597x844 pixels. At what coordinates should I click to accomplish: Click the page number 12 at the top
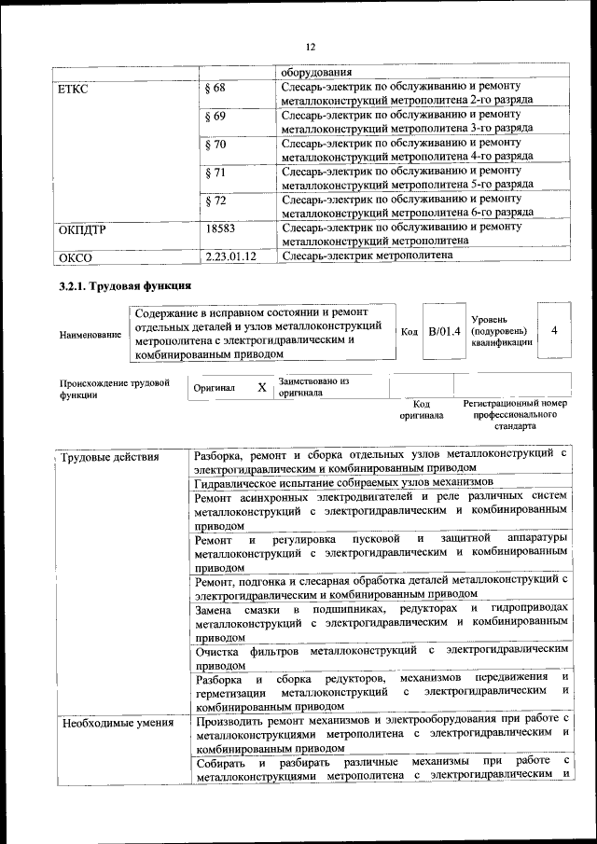pos(311,47)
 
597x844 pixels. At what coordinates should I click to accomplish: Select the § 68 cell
pos(215,89)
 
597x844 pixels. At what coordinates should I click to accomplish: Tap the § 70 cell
pos(215,145)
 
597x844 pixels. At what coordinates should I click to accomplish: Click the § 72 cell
pos(215,201)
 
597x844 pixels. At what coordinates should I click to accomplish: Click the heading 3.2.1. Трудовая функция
pos(126,285)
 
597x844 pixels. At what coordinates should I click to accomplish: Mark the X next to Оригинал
pos(262,387)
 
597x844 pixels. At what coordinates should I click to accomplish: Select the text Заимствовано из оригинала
pos(312,387)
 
